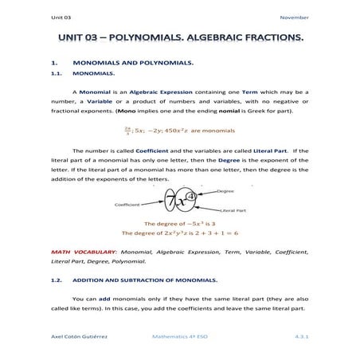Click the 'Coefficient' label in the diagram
[x=127, y=205]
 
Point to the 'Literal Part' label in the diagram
[x=233, y=210]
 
